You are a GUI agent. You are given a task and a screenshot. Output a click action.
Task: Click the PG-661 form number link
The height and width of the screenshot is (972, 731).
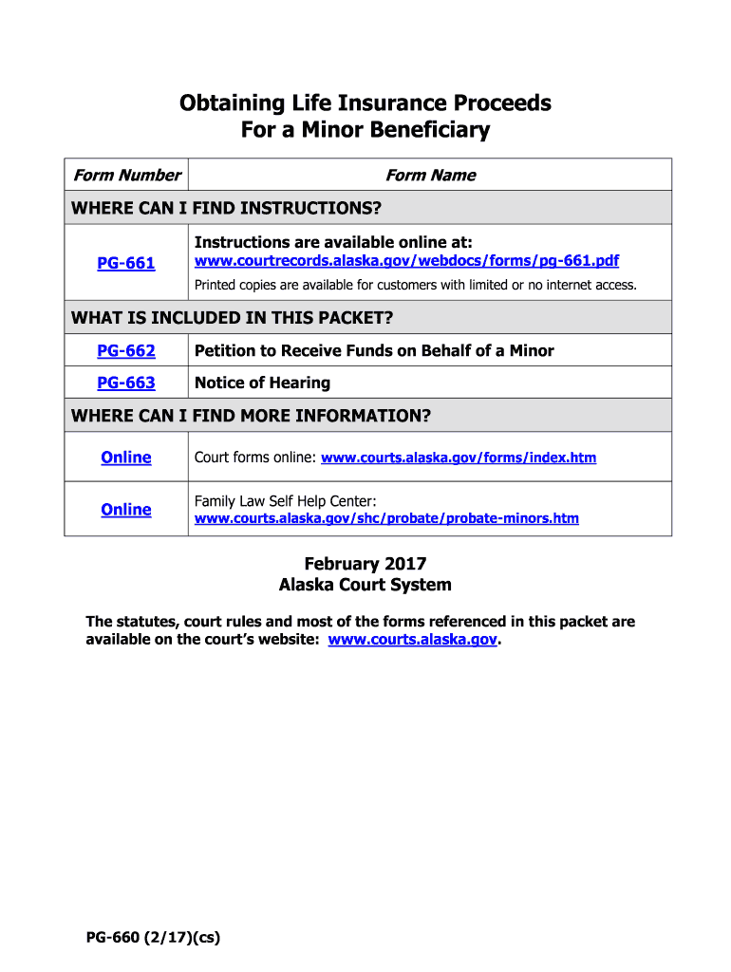(126, 263)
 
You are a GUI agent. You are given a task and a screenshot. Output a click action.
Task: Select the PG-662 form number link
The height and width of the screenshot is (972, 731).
(126, 351)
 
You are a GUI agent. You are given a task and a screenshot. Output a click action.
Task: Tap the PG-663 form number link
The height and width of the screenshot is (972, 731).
(126, 383)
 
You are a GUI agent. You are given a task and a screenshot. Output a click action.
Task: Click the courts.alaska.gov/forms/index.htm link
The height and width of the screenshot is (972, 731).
(459, 458)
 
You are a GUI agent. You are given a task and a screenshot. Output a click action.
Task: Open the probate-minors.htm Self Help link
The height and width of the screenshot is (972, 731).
(386, 518)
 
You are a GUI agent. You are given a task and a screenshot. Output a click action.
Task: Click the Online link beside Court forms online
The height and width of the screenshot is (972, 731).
(126, 458)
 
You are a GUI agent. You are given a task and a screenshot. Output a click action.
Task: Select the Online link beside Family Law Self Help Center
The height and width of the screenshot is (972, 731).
(126, 510)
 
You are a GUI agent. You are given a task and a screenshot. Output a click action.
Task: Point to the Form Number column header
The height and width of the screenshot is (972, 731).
(127, 176)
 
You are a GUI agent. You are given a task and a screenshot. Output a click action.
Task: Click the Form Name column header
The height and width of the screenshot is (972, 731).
(430, 176)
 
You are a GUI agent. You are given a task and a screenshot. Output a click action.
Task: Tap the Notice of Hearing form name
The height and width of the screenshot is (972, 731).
(262, 383)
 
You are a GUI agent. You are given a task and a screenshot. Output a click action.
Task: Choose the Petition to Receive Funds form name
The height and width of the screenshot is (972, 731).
(374, 351)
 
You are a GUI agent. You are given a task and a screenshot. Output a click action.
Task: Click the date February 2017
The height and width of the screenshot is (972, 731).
(365, 565)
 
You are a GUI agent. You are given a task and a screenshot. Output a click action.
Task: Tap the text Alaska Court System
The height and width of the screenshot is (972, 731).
(365, 585)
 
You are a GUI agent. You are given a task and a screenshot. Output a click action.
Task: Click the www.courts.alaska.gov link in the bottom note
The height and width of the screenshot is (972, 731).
(412, 641)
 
